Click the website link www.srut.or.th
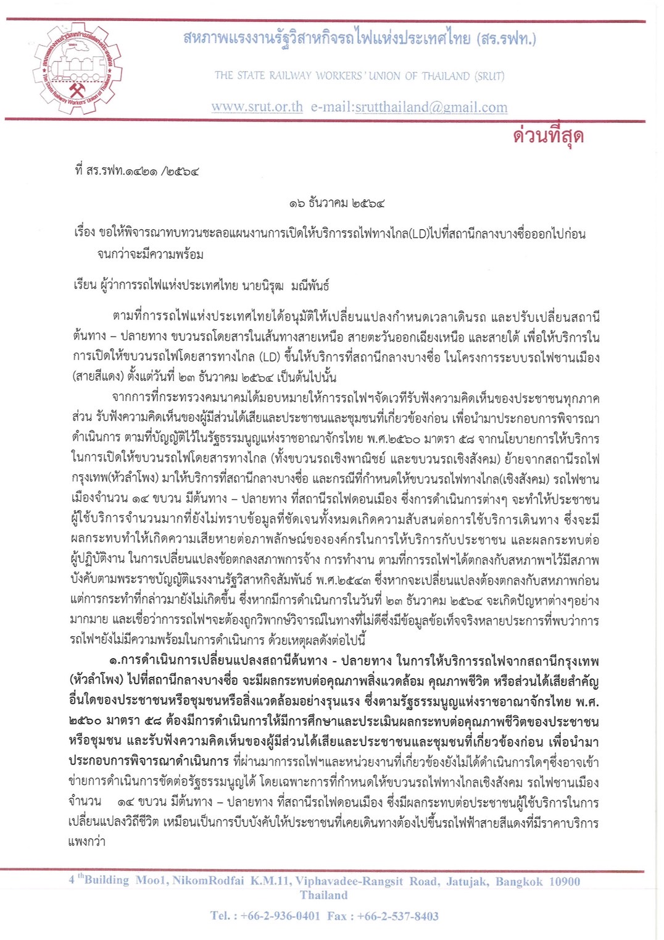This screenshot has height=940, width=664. pos(257,107)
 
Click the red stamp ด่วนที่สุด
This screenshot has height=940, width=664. pos(548,135)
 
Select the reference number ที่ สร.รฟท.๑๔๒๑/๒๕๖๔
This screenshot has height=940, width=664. pos(136,170)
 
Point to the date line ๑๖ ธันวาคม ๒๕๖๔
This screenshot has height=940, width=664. pos(337,203)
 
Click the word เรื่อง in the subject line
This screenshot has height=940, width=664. pos(85,233)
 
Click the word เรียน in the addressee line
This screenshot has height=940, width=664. pos(85,285)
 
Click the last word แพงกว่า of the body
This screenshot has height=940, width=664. pos(87,841)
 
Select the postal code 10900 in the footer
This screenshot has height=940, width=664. pos(564,881)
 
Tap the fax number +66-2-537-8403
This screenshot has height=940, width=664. pos(397,916)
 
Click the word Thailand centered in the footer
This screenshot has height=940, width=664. pos(323,896)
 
